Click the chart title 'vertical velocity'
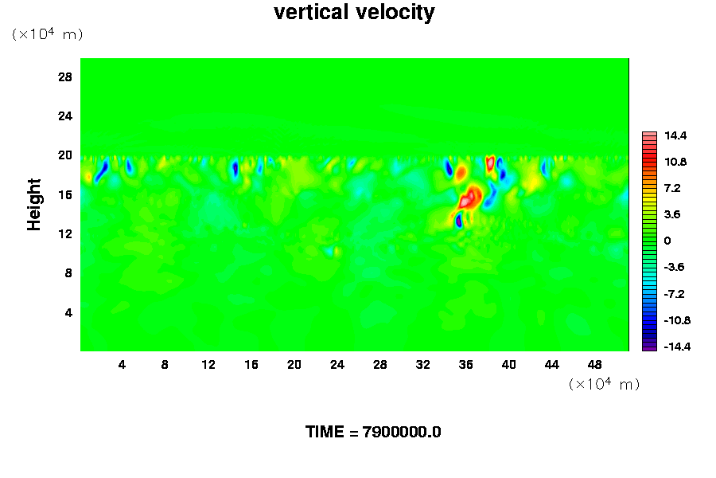click(354, 13)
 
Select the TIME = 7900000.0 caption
click(373, 432)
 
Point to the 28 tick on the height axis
click(65, 76)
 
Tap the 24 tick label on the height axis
click(65, 116)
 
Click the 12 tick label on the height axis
click(65, 233)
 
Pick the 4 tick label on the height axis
click(68, 312)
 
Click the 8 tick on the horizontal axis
click(165, 365)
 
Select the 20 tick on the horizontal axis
click(294, 365)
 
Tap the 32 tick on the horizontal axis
click(422, 365)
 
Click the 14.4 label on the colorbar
click(675, 135)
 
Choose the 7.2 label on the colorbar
click(675, 188)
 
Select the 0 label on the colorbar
click(667, 241)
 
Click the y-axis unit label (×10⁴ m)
click(48, 34)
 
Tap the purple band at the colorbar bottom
click(649, 347)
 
